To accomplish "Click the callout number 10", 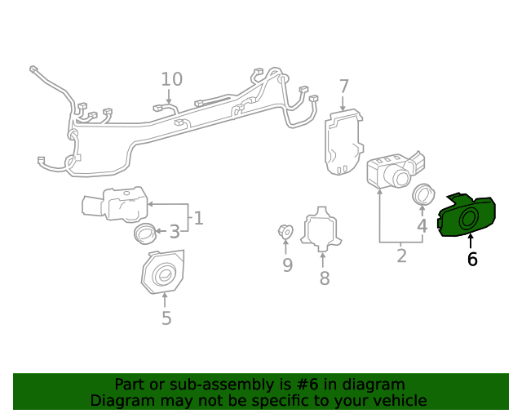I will tap(171, 79).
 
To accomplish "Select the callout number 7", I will tap(343, 87).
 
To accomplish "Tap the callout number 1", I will tap(198, 218).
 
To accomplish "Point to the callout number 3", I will tap(174, 233).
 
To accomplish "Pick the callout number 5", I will tap(166, 318).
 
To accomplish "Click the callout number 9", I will tap(287, 265).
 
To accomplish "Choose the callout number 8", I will tap(325, 278).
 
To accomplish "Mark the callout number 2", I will tap(401, 256).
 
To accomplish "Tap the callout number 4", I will tap(422, 226).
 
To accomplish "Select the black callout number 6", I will tap(471, 260).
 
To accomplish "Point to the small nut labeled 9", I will tap(285, 232).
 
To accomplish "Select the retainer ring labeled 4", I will tap(422, 195).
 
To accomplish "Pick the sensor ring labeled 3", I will tap(144, 233).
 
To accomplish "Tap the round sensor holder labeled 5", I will tap(162, 273).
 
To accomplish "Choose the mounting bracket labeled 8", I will tap(323, 229).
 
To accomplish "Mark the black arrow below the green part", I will tap(471, 241).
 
